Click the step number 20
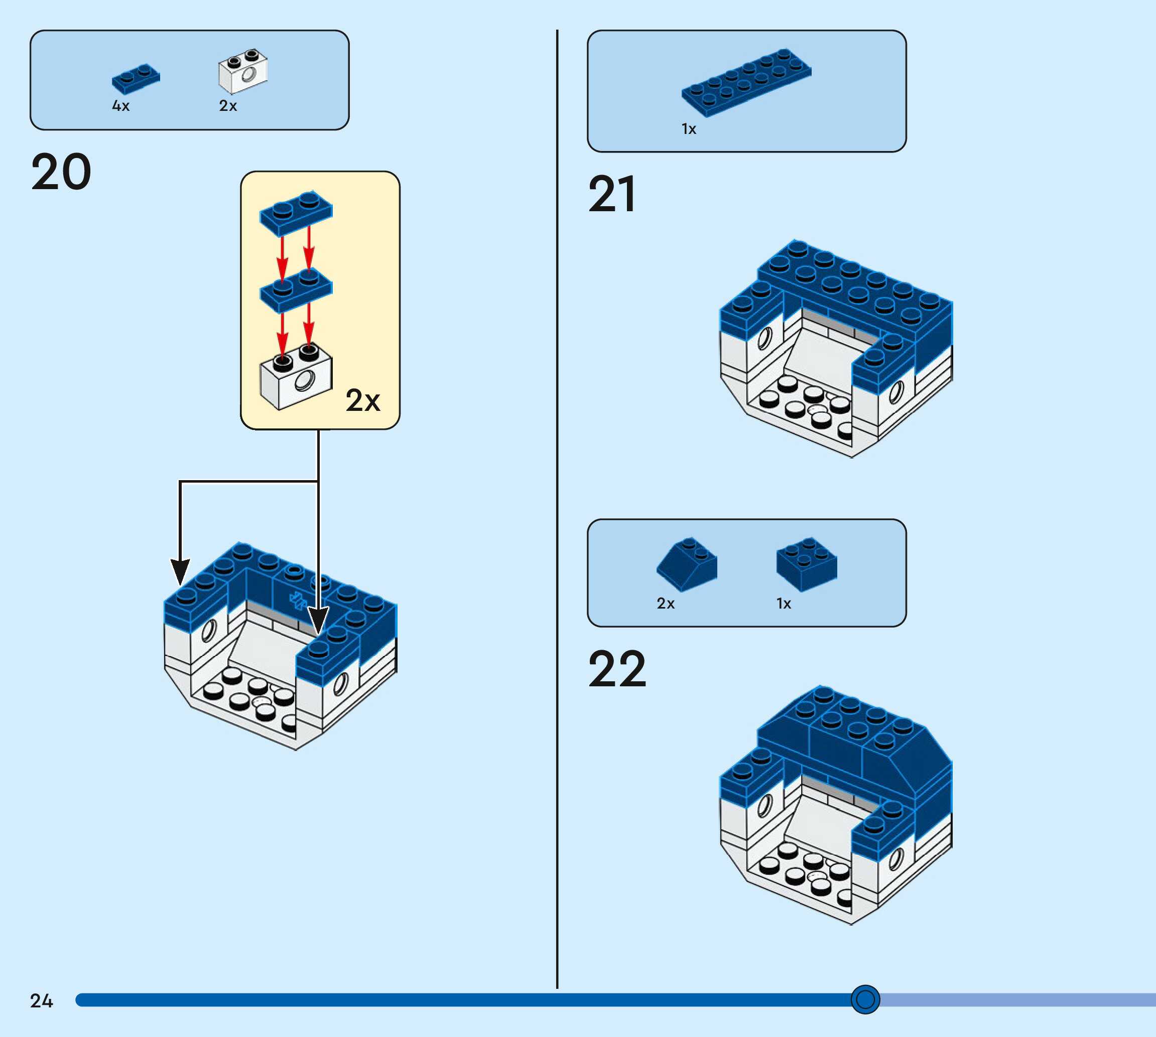click(x=61, y=172)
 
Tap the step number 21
click(x=612, y=195)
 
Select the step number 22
click(x=617, y=669)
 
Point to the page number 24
click(x=42, y=1001)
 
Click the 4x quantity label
click(x=121, y=106)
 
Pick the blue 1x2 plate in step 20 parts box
click(x=136, y=79)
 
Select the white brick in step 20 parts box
click(x=243, y=71)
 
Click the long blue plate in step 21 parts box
click(x=746, y=83)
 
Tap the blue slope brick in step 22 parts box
click(x=687, y=563)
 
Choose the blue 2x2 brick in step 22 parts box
click(x=807, y=563)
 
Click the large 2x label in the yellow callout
click(x=362, y=400)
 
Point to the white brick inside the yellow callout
click(x=296, y=377)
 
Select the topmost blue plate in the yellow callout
click(x=296, y=213)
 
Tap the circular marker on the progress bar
click(x=865, y=999)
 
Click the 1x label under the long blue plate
click(x=689, y=129)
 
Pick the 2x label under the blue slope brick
click(x=666, y=604)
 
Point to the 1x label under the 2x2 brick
click(x=784, y=604)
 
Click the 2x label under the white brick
click(x=228, y=106)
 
